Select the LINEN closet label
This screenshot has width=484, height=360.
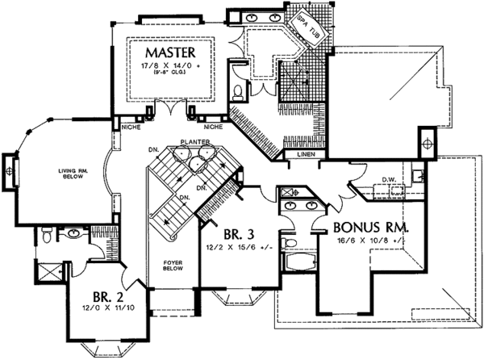tap(307, 153)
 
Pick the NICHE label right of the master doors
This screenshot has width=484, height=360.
tap(214, 128)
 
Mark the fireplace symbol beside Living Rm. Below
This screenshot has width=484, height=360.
tap(10, 170)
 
